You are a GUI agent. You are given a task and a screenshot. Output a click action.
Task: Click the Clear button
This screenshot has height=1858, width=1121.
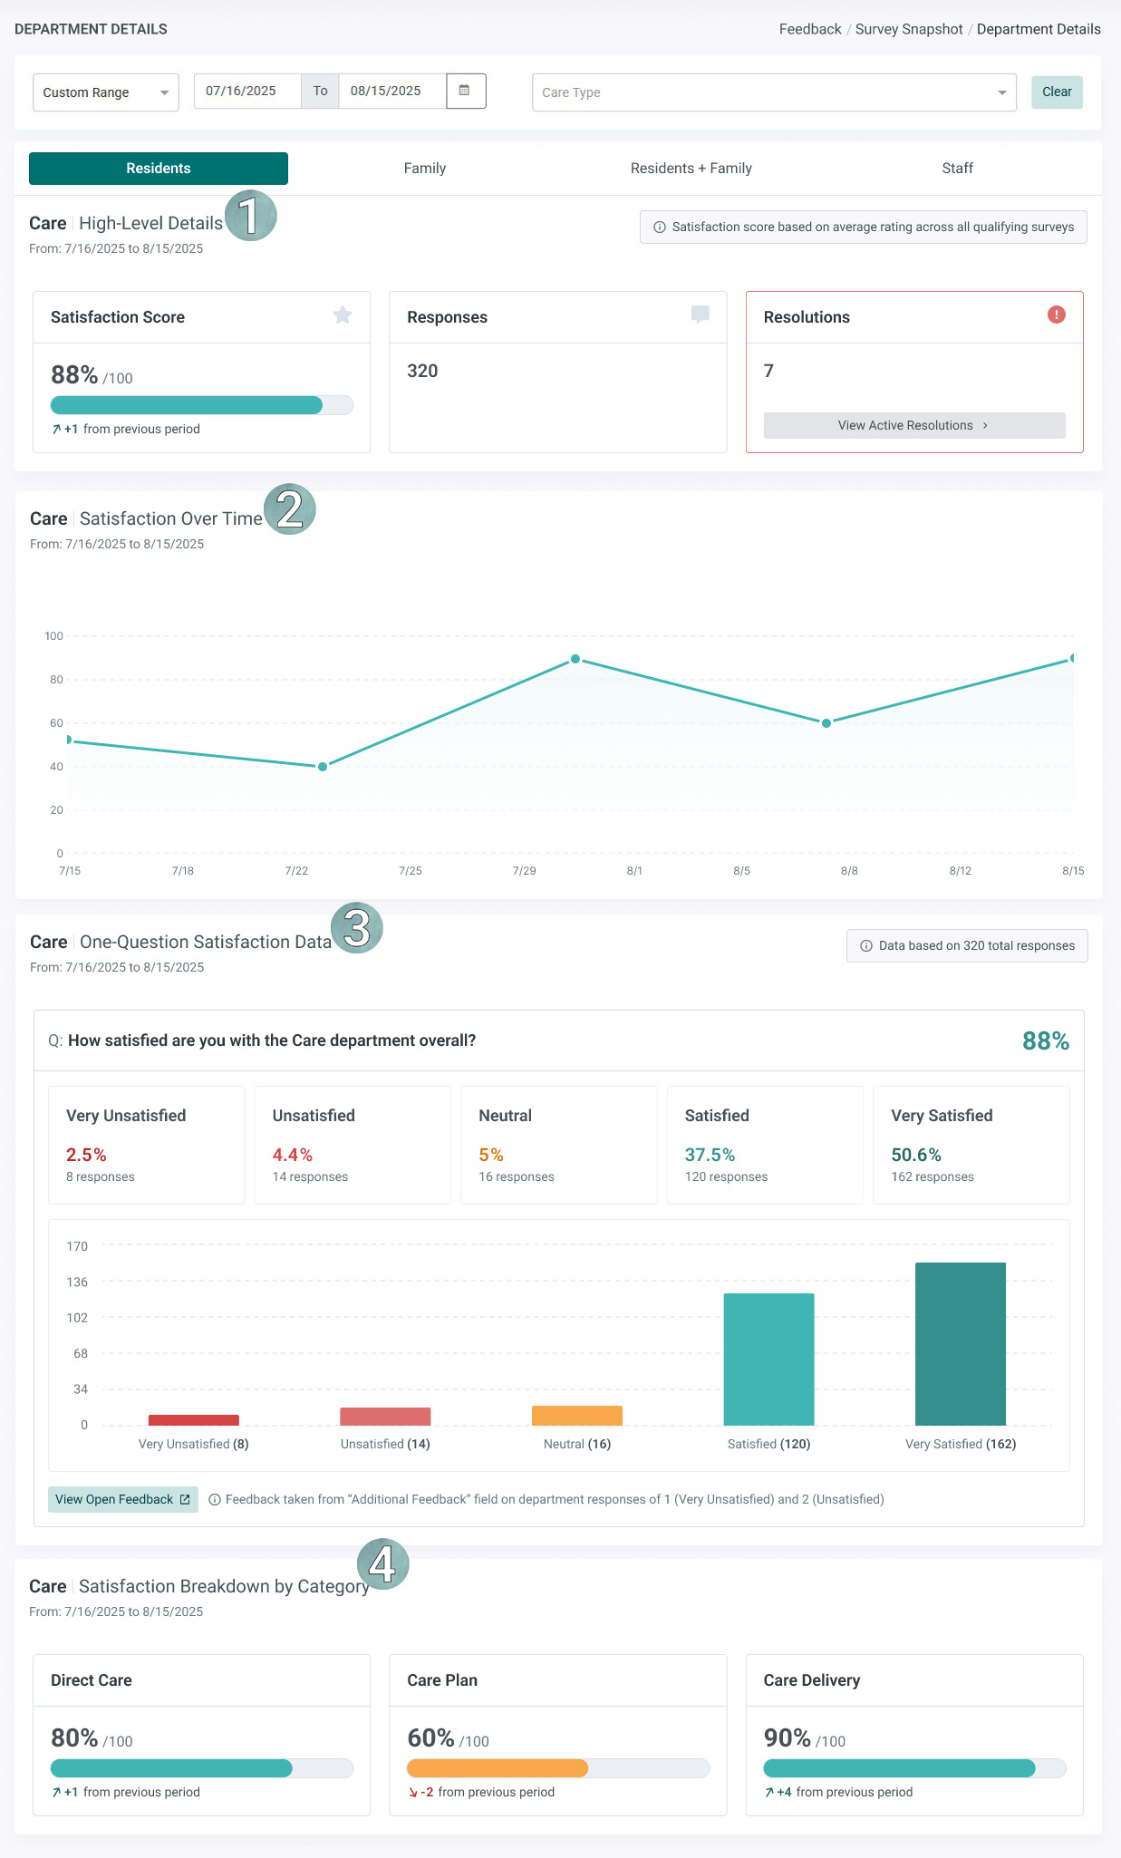coord(1057,92)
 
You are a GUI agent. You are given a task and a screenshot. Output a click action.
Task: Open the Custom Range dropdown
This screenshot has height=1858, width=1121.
coord(105,92)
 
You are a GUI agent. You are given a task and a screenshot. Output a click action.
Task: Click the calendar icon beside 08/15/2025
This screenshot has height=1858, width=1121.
coord(465,91)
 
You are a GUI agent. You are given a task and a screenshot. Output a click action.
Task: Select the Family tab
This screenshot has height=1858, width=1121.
coord(424,169)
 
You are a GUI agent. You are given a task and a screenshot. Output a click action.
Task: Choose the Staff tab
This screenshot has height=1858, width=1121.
coord(957,169)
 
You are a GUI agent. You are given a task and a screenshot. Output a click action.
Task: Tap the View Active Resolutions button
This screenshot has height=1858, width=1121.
coord(913,425)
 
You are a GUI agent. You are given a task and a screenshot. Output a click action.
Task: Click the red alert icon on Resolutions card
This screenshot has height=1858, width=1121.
coord(1056,315)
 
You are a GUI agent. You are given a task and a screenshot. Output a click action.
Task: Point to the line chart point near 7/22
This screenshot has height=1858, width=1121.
coord(323,767)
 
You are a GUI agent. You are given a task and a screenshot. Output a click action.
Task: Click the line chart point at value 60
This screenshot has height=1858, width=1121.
coord(826,723)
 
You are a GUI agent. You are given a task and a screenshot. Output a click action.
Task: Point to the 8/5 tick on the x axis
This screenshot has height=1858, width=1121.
coord(741,871)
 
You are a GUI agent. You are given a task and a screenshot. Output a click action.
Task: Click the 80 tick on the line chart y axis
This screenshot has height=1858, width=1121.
coord(56,680)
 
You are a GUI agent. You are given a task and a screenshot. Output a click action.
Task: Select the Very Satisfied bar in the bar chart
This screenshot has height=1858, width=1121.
coord(960,1343)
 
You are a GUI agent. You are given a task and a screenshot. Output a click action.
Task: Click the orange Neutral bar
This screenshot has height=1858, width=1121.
coord(576,1416)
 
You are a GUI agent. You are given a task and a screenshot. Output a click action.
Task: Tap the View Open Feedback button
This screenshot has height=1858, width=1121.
coord(122,1499)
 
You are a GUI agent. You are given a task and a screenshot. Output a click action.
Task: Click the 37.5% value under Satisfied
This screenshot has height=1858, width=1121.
coord(710,1155)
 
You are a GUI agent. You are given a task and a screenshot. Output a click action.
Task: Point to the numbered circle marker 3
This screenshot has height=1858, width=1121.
coord(357,928)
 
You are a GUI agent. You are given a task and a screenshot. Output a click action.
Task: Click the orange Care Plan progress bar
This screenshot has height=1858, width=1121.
coord(498,1767)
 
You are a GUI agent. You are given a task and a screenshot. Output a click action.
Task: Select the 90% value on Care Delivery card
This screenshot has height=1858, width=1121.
coord(787,1737)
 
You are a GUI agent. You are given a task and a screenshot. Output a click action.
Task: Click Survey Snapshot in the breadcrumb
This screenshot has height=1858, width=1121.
coord(908,29)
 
